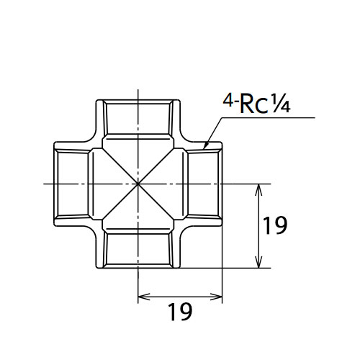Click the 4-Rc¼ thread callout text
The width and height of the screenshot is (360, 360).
click(256, 103)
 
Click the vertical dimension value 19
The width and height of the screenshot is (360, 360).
click(275, 225)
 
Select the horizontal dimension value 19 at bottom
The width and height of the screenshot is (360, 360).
click(180, 312)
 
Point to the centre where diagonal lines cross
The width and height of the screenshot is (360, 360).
click(138, 184)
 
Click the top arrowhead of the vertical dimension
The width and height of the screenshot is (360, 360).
click(258, 189)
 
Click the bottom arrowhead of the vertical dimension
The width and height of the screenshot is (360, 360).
click(258, 262)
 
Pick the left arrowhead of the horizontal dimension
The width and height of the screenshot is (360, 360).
click(144, 297)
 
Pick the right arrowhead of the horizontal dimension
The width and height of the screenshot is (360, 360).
click(217, 297)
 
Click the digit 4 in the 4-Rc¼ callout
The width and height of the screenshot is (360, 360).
click(228, 101)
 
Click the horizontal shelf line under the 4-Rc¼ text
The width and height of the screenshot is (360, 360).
click(268, 117)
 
